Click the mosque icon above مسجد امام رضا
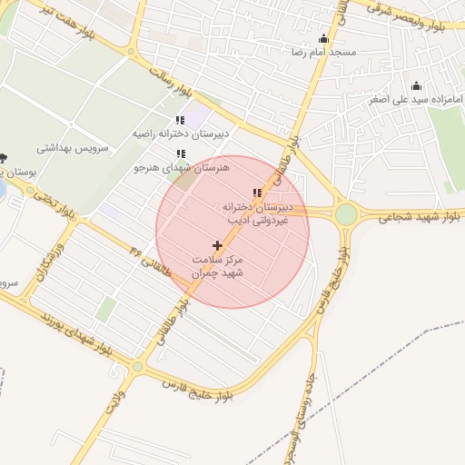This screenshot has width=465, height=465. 324,38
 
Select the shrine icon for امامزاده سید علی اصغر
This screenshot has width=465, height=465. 417,84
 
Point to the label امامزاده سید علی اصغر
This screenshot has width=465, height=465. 417,98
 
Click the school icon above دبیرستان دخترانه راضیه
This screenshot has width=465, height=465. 180,120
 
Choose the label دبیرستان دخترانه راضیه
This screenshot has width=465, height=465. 181,134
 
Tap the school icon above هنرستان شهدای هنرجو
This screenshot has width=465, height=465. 181,154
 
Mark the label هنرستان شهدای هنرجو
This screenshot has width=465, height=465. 182,168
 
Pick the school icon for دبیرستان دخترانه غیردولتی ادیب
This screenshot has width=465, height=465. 257,193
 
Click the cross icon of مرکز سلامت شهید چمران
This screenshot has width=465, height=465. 217,245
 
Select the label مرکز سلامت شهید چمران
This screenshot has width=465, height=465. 218,266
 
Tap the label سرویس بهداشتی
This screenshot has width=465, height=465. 73,146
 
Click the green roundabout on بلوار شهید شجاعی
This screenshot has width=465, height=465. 346,214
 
